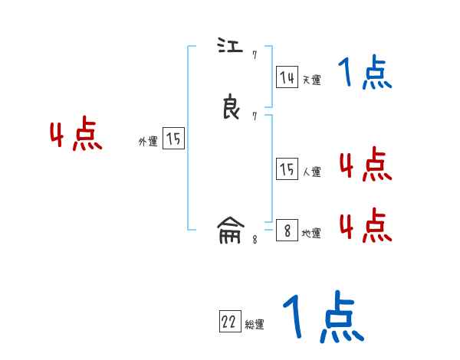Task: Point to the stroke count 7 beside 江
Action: click(x=255, y=55)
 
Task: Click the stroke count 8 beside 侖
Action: click(x=255, y=239)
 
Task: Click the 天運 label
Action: click(x=311, y=80)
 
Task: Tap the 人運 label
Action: click(x=311, y=172)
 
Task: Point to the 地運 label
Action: click(x=311, y=234)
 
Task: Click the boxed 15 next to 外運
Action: click(x=173, y=139)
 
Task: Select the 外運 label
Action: click(x=148, y=142)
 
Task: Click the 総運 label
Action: click(x=255, y=325)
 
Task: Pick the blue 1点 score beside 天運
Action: click(x=365, y=74)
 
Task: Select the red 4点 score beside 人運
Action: click(x=365, y=165)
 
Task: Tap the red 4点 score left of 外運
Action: click(x=76, y=136)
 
